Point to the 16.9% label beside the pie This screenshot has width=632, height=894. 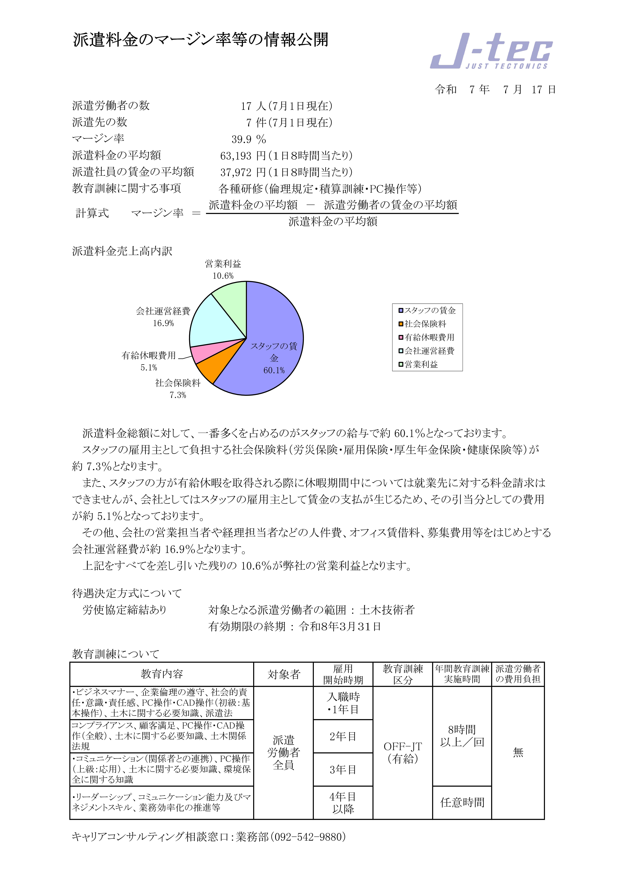click(x=163, y=323)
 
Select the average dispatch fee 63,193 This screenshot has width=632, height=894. click(x=236, y=156)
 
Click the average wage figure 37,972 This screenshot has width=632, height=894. click(x=236, y=172)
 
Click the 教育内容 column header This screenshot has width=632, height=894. click(x=162, y=674)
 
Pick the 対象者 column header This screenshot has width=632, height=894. click(x=284, y=674)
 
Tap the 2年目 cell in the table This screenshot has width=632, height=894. click(x=343, y=736)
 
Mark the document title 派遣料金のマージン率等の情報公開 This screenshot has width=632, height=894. click(x=201, y=40)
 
